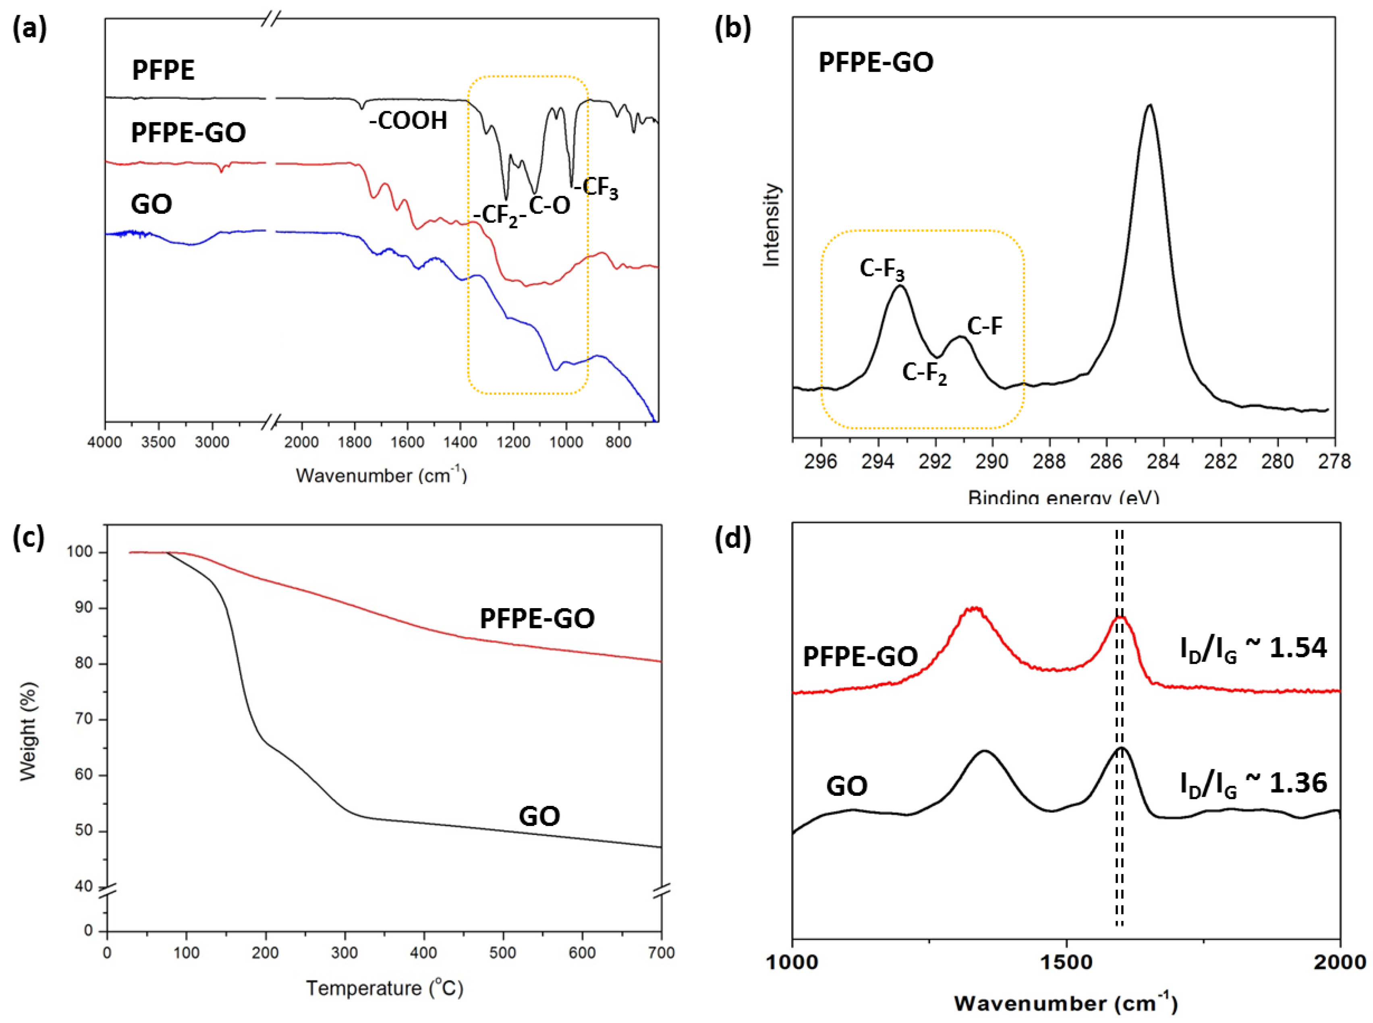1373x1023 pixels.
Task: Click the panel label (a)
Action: click(x=30, y=29)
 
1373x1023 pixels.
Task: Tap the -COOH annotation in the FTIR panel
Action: click(x=407, y=120)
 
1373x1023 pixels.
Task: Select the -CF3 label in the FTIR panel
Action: click(x=596, y=187)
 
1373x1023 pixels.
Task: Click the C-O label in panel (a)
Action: click(x=550, y=205)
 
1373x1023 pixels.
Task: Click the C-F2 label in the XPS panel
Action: click(x=924, y=373)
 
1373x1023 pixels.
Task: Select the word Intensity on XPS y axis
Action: click(x=771, y=225)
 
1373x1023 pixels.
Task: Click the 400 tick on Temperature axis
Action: click(x=423, y=953)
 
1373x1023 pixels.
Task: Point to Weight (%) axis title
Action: click(x=29, y=731)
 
